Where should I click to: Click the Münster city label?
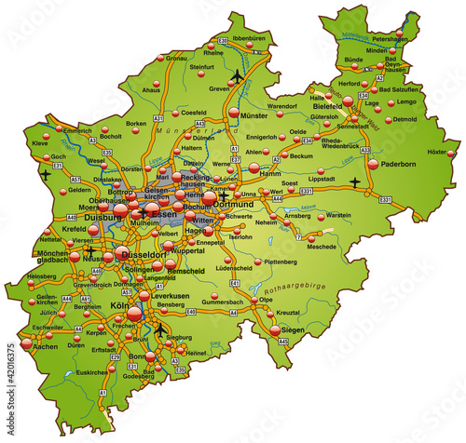tap(254, 115)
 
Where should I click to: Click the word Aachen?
tap(45, 346)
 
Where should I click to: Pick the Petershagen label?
tap(391, 40)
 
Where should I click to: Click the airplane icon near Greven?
tap(240, 75)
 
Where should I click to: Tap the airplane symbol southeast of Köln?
tap(161, 329)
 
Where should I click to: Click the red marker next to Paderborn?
tap(373, 164)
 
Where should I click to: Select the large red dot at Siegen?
tap(275, 329)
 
